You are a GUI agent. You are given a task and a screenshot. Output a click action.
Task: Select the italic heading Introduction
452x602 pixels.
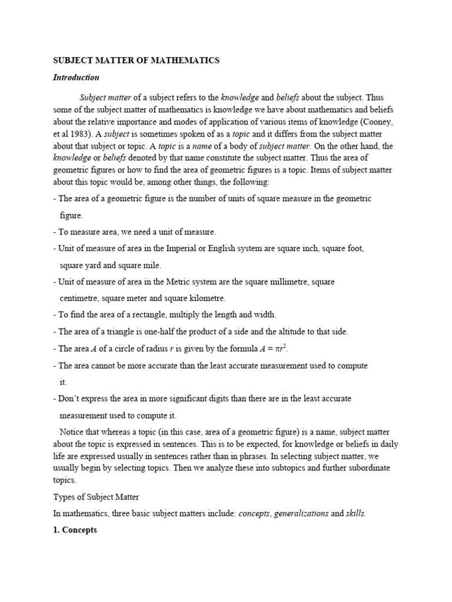pyautogui.click(x=76, y=77)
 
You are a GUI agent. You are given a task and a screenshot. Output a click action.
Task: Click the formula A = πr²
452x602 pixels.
pyautogui.click(x=274, y=348)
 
